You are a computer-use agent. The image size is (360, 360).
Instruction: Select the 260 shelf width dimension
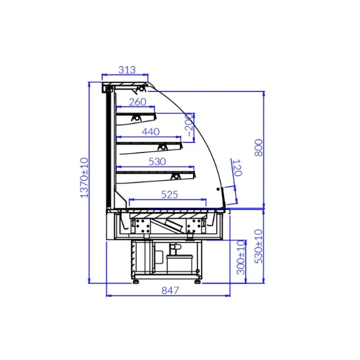point(138,102)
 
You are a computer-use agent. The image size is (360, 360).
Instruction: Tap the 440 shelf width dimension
point(150,132)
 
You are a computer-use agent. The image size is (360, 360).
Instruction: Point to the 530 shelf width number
point(157,162)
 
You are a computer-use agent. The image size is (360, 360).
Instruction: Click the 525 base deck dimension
point(169,194)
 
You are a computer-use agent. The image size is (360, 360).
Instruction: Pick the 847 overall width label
point(170,290)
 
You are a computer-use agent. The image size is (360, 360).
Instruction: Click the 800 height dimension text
point(258,147)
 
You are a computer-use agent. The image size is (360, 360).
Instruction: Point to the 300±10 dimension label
point(240,257)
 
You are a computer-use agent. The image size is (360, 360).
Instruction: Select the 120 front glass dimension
point(237,168)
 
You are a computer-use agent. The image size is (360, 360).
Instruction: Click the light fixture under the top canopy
point(141,88)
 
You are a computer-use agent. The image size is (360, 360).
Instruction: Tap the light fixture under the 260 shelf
point(136,118)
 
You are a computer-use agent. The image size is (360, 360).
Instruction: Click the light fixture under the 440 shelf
point(162,147)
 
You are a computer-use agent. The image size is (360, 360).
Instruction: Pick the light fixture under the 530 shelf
point(176,176)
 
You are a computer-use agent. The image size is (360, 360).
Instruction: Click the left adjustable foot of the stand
point(136,281)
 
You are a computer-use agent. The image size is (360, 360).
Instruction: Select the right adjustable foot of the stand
point(197,281)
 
